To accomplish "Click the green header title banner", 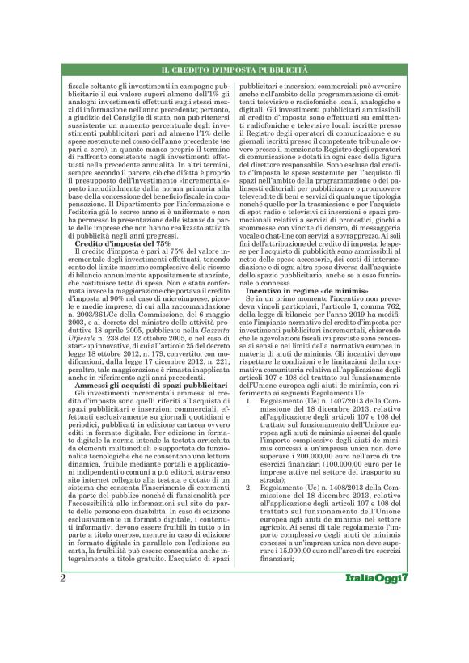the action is tap(234, 74).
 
